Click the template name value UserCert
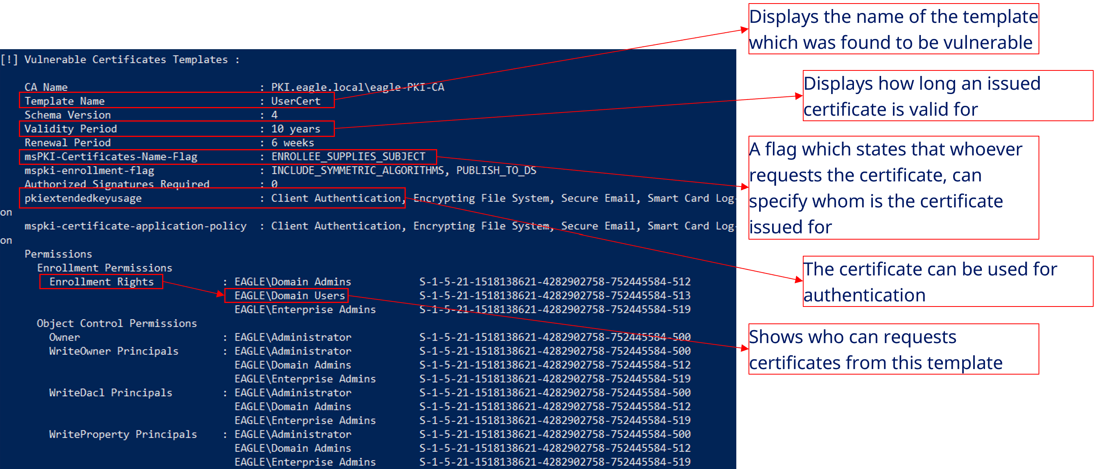[x=296, y=101]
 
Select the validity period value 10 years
[x=296, y=129]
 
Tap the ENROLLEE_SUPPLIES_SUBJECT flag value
[x=348, y=157]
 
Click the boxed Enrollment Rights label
[x=101, y=281]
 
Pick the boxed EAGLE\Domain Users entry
[x=289, y=295]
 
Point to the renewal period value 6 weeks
[x=293, y=143]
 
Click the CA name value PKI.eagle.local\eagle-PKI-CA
[x=357, y=87]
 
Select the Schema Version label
[x=68, y=115]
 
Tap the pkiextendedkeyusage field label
[x=83, y=198]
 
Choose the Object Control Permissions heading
[x=116, y=323]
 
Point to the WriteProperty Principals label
[x=123, y=434]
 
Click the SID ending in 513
[x=555, y=295]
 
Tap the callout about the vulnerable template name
[x=893, y=29]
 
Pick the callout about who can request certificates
[x=893, y=349]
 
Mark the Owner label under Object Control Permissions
[x=64, y=337]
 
